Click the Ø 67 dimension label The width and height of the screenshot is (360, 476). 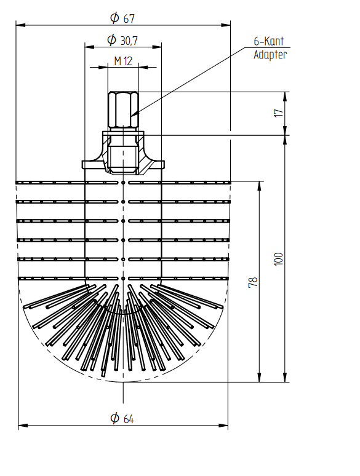click(122, 18)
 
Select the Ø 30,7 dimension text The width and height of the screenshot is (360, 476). click(122, 40)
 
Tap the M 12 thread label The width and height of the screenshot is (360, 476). click(123, 61)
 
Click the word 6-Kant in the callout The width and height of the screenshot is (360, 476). click(269, 41)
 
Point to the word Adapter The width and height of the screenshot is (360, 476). click(270, 55)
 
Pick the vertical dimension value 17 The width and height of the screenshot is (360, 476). click(279, 113)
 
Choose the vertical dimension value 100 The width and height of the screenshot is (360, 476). click(279, 259)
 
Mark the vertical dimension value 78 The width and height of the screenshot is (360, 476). click(253, 282)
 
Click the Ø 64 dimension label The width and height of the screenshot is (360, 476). click(122, 418)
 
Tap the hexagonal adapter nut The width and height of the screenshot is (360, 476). click(123, 109)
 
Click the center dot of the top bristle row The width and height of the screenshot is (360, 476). click(123, 183)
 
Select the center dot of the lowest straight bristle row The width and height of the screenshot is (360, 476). click(123, 279)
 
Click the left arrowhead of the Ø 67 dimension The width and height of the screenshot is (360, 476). click(20, 25)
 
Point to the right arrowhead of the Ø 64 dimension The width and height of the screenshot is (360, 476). click(223, 426)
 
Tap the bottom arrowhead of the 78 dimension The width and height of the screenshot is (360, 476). click(259, 378)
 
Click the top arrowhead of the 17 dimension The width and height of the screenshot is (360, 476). click(285, 96)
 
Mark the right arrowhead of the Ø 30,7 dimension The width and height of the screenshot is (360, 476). click(156, 47)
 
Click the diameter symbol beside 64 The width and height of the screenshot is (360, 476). click(114, 418)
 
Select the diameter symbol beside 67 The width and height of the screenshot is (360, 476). click(114, 18)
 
